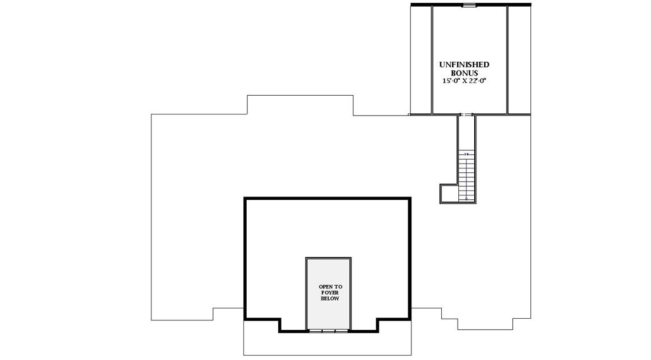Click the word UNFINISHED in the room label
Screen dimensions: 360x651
click(x=464, y=64)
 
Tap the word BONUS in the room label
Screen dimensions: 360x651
click(x=464, y=73)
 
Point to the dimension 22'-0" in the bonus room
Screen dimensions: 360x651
click(x=477, y=80)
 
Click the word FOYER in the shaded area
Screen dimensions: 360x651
click(x=328, y=293)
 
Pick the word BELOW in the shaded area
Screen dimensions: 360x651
click(x=328, y=298)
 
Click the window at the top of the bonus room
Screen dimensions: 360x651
click(x=469, y=6)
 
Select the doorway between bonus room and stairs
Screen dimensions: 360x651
click(x=466, y=114)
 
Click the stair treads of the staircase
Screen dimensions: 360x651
click(x=466, y=176)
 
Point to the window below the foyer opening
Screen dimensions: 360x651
click(x=328, y=331)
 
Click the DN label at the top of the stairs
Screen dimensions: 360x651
click(x=466, y=154)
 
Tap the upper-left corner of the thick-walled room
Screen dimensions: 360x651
click(x=246, y=199)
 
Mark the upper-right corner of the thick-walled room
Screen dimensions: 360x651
click(x=410, y=199)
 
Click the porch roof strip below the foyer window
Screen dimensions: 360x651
click(x=327, y=344)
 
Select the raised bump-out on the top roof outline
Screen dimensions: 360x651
click(x=300, y=105)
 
